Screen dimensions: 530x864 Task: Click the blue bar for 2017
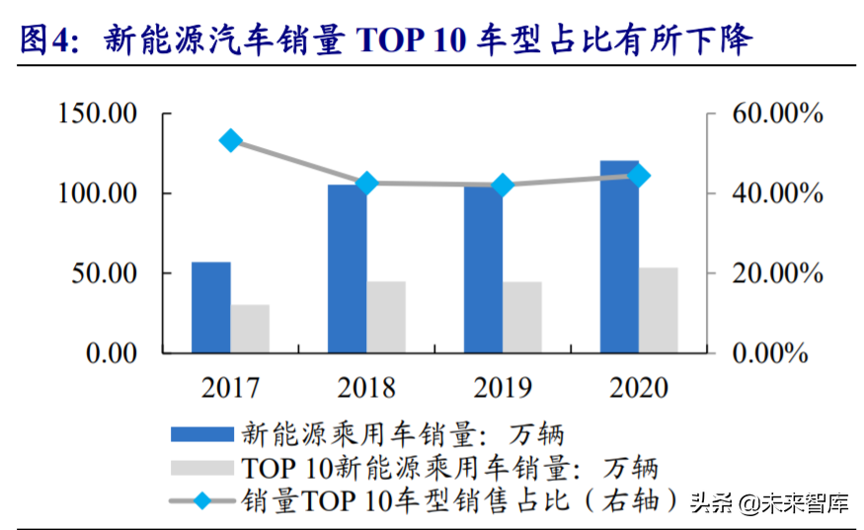pyautogui.click(x=210, y=307)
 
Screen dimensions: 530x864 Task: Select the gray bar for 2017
pyautogui.click(x=250, y=329)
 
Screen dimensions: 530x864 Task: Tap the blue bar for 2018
pyautogui.click(x=347, y=268)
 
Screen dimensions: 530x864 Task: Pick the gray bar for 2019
pyautogui.click(x=522, y=317)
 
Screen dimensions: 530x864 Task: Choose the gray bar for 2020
pyautogui.click(x=659, y=310)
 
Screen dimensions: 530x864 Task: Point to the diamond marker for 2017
pyautogui.click(x=231, y=140)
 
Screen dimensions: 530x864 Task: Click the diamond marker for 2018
pyautogui.click(x=367, y=184)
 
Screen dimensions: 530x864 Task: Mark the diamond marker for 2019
pyautogui.click(x=503, y=186)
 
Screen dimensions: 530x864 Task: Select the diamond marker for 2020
pyautogui.click(x=639, y=176)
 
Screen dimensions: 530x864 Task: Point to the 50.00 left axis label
pyautogui.click(x=104, y=273)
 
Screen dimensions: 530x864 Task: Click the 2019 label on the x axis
pyautogui.click(x=503, y=387)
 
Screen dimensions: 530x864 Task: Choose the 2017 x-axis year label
pyautogui.click(x=231, y=387)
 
